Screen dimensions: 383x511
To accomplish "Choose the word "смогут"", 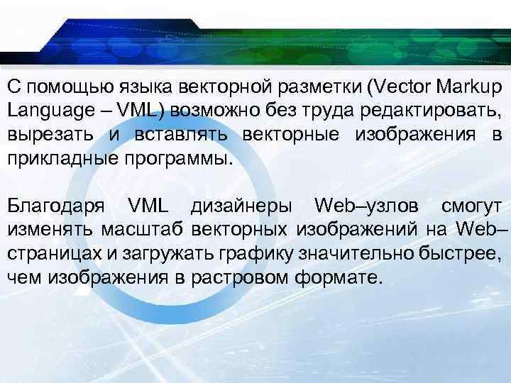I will pyautogui.click(x=473, y=206).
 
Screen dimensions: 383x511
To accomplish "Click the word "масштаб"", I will pyautogui.click(x=138, y=231).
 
